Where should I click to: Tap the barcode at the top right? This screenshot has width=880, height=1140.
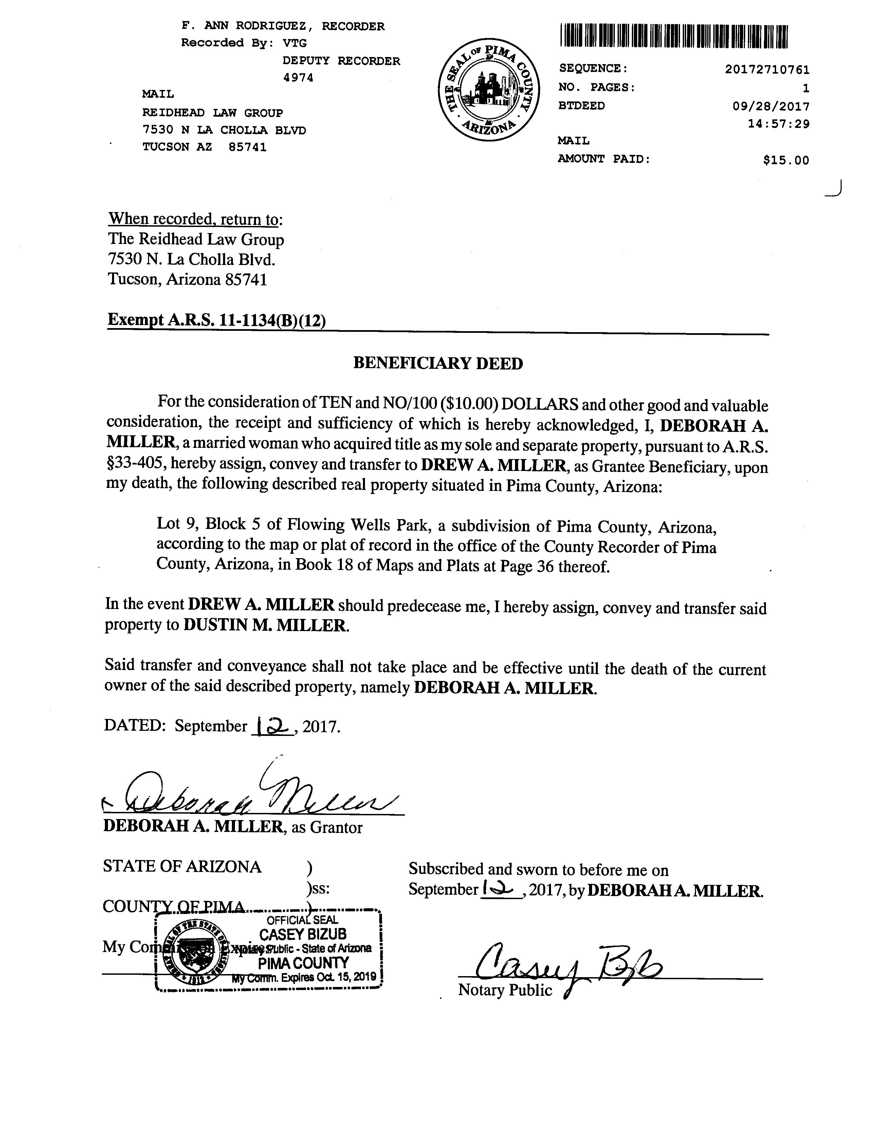point(674,37)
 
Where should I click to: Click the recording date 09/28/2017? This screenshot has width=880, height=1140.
point(771,107)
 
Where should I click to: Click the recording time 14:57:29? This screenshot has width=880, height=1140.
point(778,124)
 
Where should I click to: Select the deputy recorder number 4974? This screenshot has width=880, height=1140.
point(298,78)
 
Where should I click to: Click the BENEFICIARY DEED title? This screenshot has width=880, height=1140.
point(438,363)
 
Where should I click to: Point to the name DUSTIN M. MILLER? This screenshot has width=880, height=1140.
point(265,625)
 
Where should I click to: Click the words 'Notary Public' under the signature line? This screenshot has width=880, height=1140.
point(505,990)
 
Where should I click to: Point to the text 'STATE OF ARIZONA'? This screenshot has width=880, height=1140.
point(182,867)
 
